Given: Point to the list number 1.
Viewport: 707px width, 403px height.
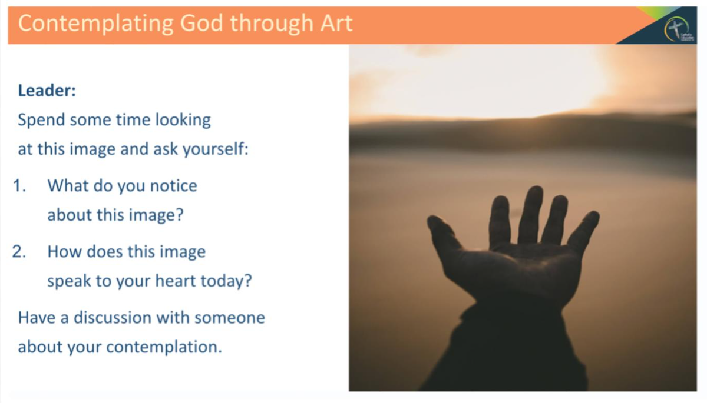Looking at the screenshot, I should click(21, 186).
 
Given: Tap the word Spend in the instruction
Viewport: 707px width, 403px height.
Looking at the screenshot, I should click(41, 120).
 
